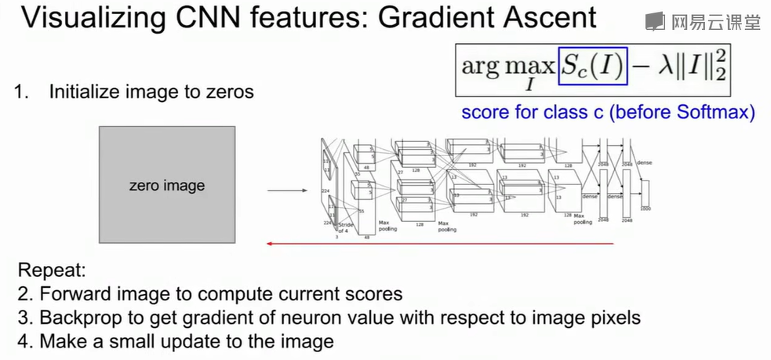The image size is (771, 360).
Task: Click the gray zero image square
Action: (x=166, y=186)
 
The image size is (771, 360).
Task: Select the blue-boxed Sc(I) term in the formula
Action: (x=593, y=64)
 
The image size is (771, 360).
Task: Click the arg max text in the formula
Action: (x=507, y=66)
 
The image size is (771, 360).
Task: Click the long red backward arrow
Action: (x=439, y=243)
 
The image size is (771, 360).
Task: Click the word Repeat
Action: (x=52, y=273)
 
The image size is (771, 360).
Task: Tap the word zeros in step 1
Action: (x=232, y=92)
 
